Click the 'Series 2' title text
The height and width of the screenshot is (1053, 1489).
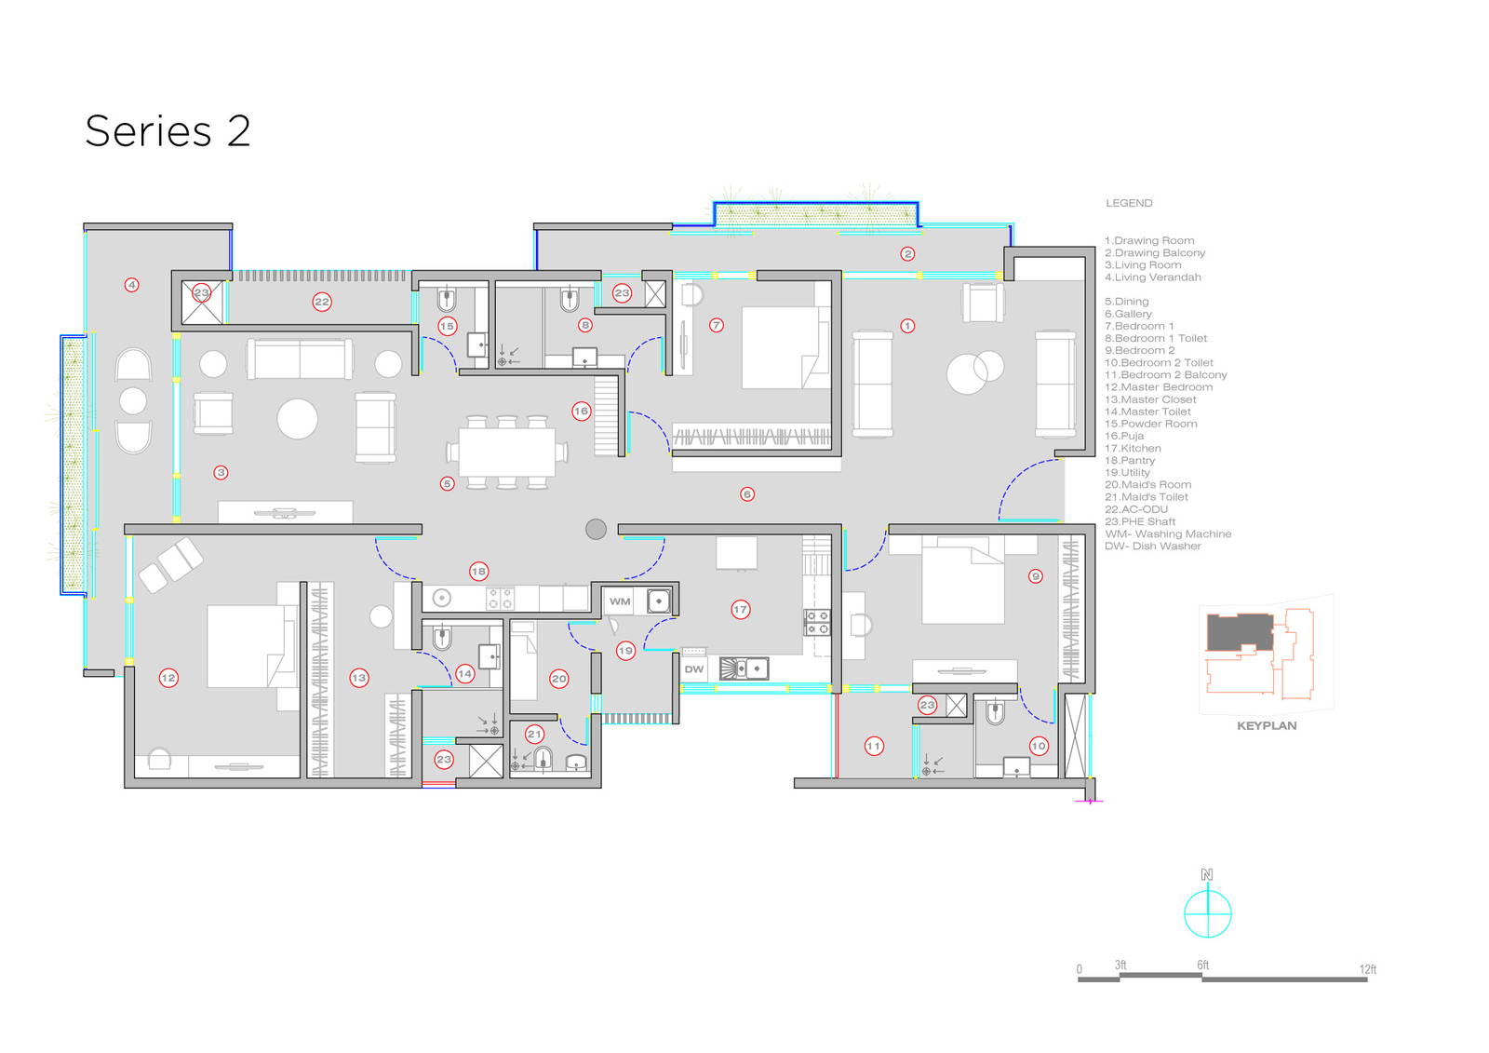168,131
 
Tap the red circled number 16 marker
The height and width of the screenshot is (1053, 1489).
581,411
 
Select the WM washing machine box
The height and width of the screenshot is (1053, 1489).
620,601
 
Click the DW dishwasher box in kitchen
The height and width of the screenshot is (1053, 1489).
694,668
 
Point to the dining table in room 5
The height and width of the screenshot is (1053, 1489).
506,452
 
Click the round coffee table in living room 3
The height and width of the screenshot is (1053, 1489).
298,419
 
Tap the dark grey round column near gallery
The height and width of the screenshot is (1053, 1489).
596,529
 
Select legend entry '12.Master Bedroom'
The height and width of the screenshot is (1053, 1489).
1159,387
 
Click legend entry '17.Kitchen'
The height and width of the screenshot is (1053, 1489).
1133,448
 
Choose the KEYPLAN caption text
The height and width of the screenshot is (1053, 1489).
1266,725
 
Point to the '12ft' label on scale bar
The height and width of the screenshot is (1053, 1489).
1367,969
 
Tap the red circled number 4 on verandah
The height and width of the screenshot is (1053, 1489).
132,285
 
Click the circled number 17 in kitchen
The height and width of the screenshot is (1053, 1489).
740,609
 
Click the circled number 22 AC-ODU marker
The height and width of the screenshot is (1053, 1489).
322,302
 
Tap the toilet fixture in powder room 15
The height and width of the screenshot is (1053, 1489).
447,299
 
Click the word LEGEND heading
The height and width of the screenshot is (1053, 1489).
1129,203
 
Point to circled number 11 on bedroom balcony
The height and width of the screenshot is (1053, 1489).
873,746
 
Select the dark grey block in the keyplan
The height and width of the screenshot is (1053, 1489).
1239,632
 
